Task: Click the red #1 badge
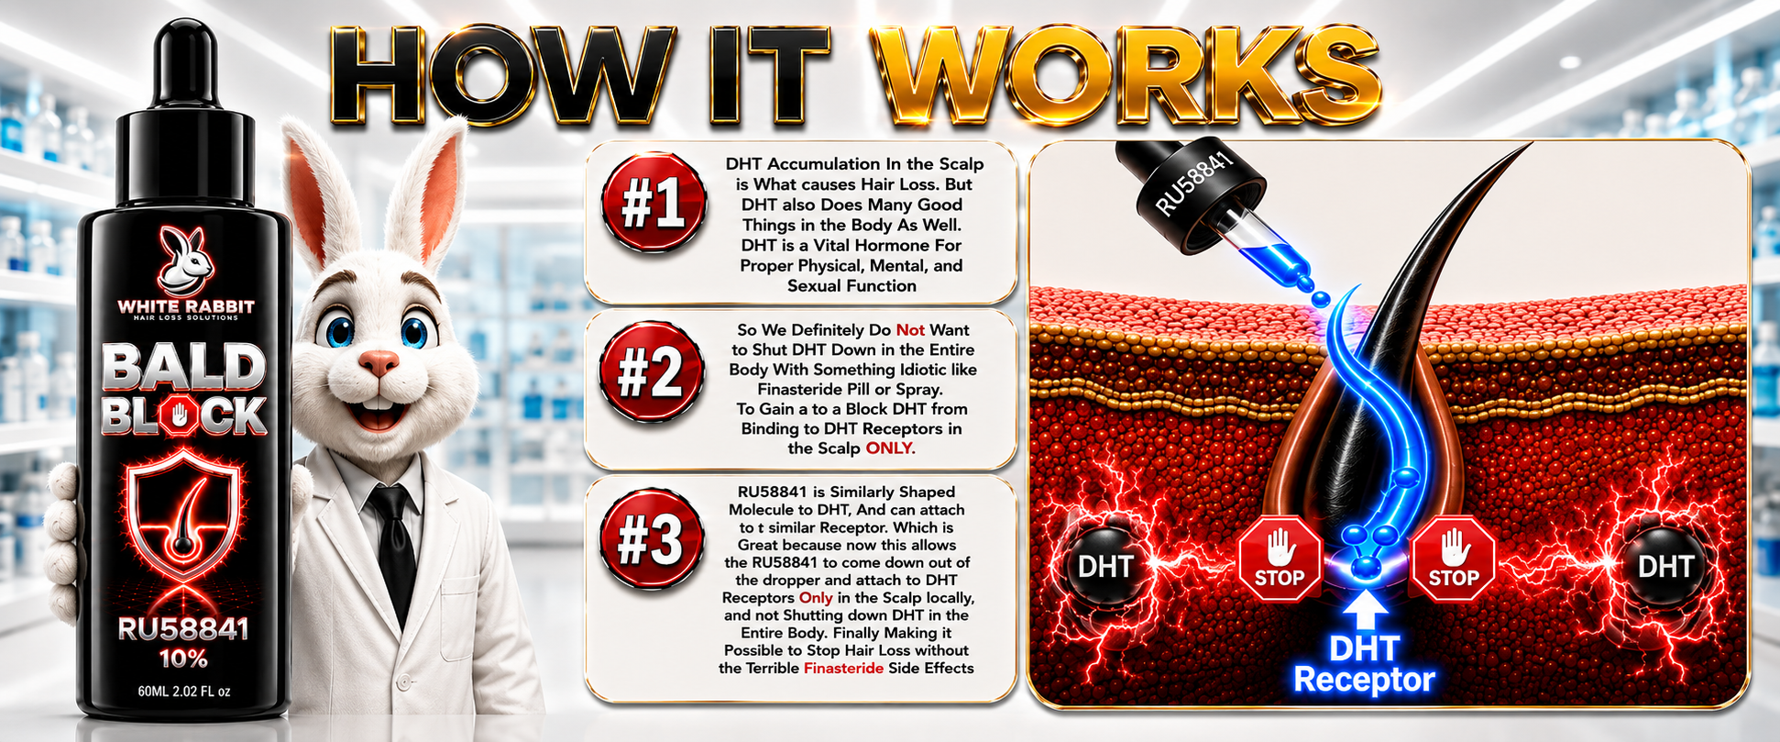tap(654, 203)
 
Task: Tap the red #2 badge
tap(652, 371)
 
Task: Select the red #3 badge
tap(652, 540)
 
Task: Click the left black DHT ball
tap(1105, 566)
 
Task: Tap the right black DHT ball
tap(1665, 566)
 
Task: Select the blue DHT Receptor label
tap(1364, 664)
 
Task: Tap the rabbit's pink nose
tap(379, 363)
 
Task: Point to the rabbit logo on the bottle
tap(186, 260)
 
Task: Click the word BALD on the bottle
tap(183, 368)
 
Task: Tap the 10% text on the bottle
tap(183, 659)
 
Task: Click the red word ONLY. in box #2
tap(890, 449)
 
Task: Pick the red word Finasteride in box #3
tap(843, 668)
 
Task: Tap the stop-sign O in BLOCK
tap(180, 417)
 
